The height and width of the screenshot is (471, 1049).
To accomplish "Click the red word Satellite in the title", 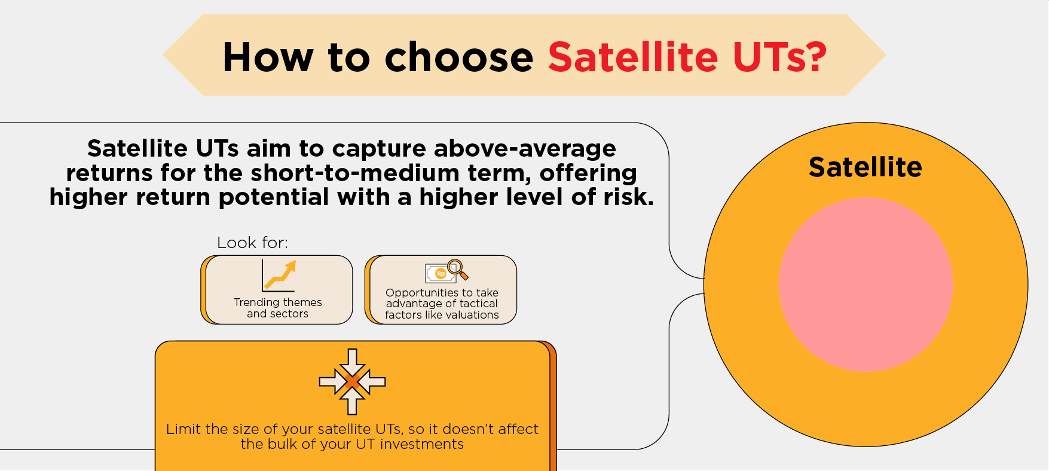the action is pos(633,57).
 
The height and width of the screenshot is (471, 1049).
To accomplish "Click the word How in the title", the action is pos(268,57).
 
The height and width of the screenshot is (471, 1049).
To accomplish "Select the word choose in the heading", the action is pos(458,57).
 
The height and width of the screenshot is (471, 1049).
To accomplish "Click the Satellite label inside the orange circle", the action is pos(865,167).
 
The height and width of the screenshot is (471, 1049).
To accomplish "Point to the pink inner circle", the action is pos(865,285).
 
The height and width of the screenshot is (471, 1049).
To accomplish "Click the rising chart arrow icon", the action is pos(279,276).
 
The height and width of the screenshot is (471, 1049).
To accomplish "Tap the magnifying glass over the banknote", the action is pos(457,270).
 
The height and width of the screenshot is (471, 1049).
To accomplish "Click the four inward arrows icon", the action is pos(352,381).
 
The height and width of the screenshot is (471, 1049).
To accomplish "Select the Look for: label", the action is pos(252,243).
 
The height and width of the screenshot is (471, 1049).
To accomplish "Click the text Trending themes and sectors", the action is pos(278,308).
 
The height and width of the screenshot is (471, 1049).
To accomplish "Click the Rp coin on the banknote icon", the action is pos(441,274).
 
